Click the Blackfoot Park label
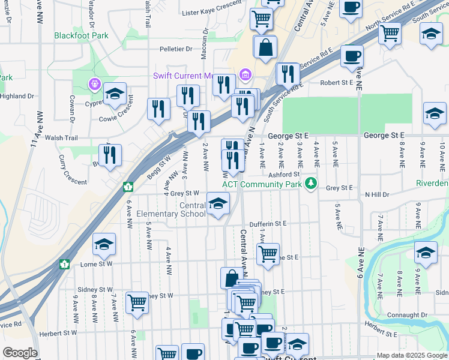[81, 35]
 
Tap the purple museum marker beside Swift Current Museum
[245, 75]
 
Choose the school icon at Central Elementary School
[218, 204]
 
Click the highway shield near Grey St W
[128, 187]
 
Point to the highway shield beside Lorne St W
[64, 263]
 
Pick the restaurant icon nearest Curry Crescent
[110, 155]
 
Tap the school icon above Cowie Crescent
[115, 94]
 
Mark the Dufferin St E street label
[268, 223]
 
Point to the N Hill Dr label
[377, 195]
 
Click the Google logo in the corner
[20, 353]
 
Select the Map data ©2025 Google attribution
[411, 355]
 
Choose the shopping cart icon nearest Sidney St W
[137, 303]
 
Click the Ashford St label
[284, 175]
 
